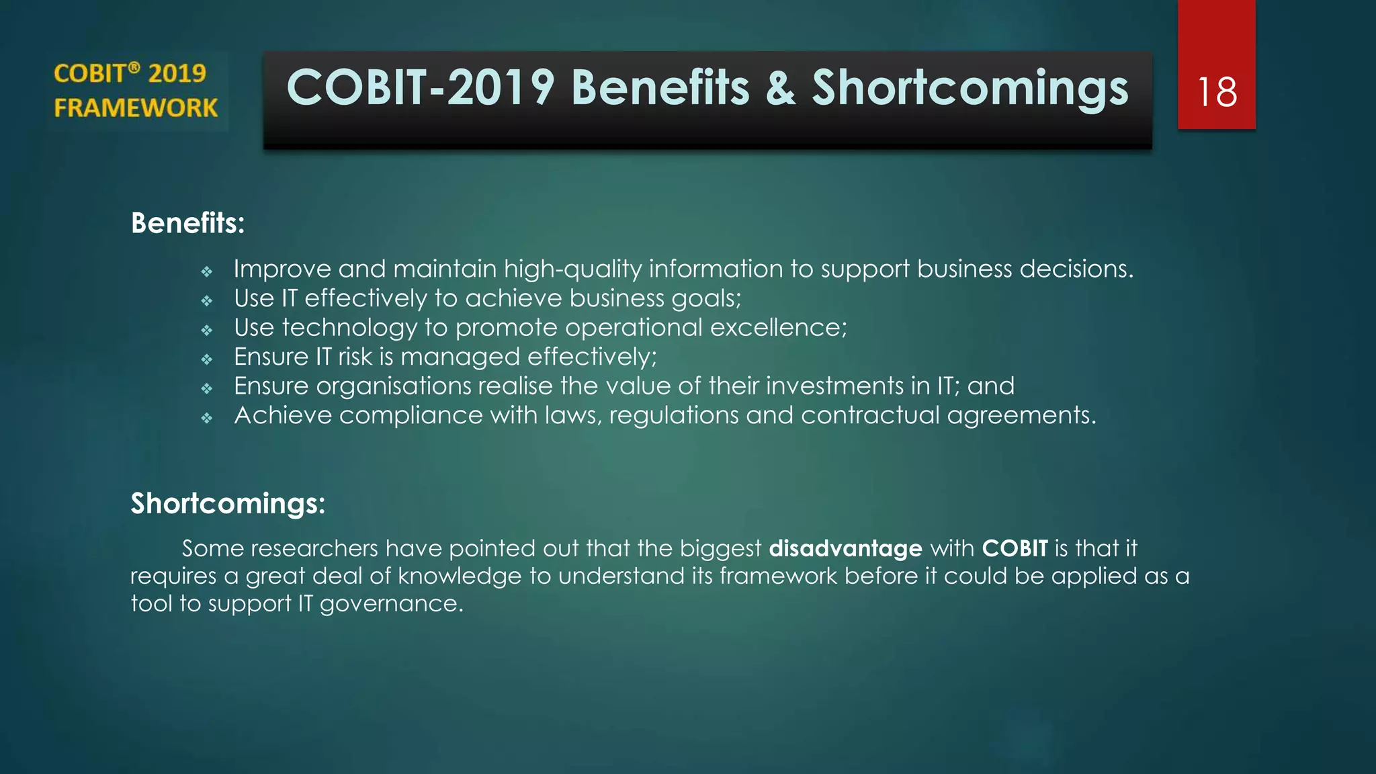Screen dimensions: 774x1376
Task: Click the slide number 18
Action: coord(1217,92)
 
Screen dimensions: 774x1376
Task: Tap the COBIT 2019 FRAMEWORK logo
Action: coord(136,91)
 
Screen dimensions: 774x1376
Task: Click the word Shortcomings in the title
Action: coord(970,89)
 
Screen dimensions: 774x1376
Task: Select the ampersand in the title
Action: coord(780,89)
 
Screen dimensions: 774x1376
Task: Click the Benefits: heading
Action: coord(187,223)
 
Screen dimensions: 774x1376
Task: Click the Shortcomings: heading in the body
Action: coord(228,503)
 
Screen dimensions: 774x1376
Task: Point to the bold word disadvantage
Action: coord(845,548)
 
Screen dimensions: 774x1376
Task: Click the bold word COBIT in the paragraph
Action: coord(1015,548)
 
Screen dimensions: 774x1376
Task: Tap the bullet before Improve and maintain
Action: coord(207,271)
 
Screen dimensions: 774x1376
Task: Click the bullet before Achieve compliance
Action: coord(207,418)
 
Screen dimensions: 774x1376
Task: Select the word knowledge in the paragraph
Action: coord(460,576)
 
